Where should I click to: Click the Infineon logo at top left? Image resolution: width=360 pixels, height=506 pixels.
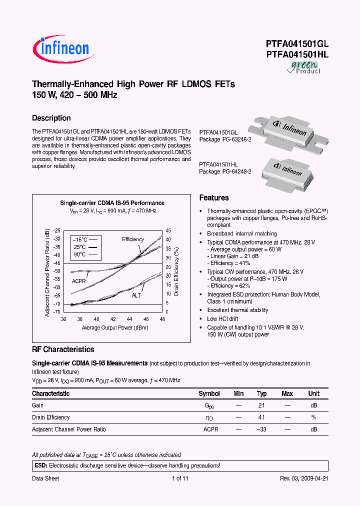point(61,48)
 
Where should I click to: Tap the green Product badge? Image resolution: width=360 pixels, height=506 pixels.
point(303,67)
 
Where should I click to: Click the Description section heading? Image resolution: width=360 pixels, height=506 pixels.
point(51,118)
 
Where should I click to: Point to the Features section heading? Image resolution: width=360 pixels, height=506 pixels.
point(214,198)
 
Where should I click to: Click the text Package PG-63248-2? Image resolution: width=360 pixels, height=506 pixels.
point(225,139)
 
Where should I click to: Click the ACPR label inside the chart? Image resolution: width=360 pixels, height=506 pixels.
point(79,281)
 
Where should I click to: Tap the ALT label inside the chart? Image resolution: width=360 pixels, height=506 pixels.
point(136,296)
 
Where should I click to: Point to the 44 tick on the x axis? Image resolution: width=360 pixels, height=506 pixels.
point(129,319)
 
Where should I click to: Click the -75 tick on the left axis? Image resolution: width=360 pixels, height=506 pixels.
point(56,311)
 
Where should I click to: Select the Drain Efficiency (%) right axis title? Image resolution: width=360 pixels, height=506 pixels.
point(176,270)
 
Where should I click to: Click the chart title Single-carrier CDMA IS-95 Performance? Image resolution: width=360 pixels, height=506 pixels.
point(112,203)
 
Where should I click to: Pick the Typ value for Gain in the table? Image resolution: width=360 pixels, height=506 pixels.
point(261,405)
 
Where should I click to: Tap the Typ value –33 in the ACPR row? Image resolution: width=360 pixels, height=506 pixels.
point(261,429)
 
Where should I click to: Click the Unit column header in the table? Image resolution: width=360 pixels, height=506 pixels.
point(313,393)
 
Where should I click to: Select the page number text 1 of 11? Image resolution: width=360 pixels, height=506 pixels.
point(180,478)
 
